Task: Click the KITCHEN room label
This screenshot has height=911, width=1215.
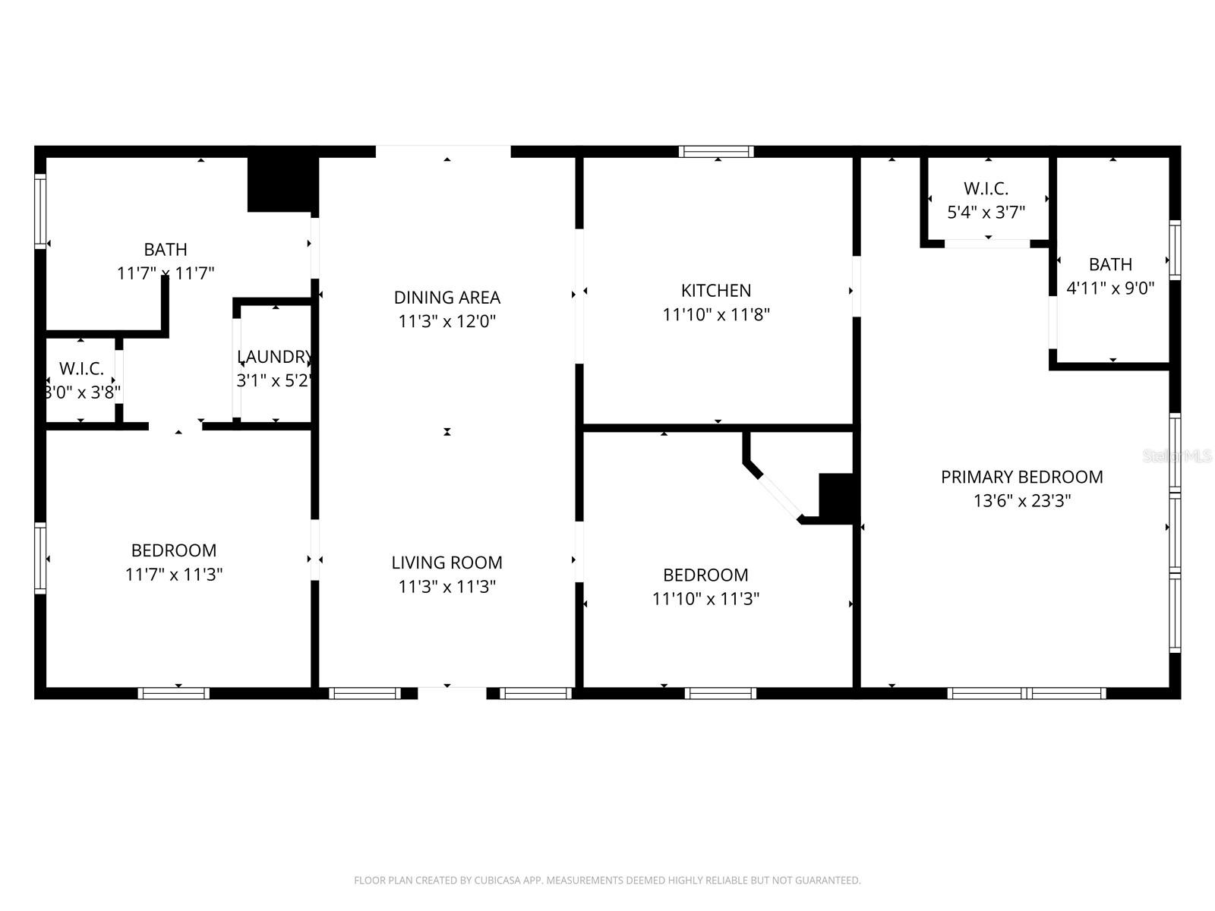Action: tap(716, 291)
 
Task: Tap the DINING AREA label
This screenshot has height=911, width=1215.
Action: tap(447, 298)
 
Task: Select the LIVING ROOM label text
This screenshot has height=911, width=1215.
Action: tap(447, 563)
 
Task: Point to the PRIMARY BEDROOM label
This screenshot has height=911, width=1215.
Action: tap(1021, 477)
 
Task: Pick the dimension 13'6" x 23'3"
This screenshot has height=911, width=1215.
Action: tap(1021, 501)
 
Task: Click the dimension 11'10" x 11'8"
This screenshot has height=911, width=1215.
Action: tap(716, 314)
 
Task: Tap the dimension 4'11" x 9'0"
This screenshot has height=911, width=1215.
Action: tap(1110, 288)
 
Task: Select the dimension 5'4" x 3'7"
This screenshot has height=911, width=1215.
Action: tap(986, 213)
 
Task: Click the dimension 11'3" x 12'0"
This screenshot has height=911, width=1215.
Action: tap(447, 321)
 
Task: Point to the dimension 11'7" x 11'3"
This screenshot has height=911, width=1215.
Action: tap(173, 574)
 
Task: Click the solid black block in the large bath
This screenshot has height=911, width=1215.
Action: tap(282, 184)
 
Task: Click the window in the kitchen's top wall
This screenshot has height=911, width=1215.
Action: tap(716, 152)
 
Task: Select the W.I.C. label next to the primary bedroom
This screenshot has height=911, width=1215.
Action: tap(986, 189)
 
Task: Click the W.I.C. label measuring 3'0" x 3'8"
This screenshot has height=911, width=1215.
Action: tap(81, 369)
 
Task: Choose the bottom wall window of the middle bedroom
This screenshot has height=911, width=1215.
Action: tap(720, 693)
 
